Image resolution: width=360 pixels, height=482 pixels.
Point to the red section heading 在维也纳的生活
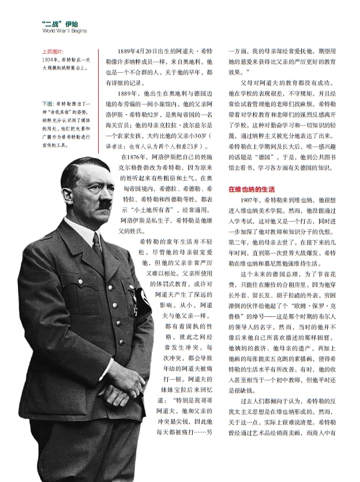(251, 189)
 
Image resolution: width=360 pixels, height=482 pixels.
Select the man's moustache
(104, 203)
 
